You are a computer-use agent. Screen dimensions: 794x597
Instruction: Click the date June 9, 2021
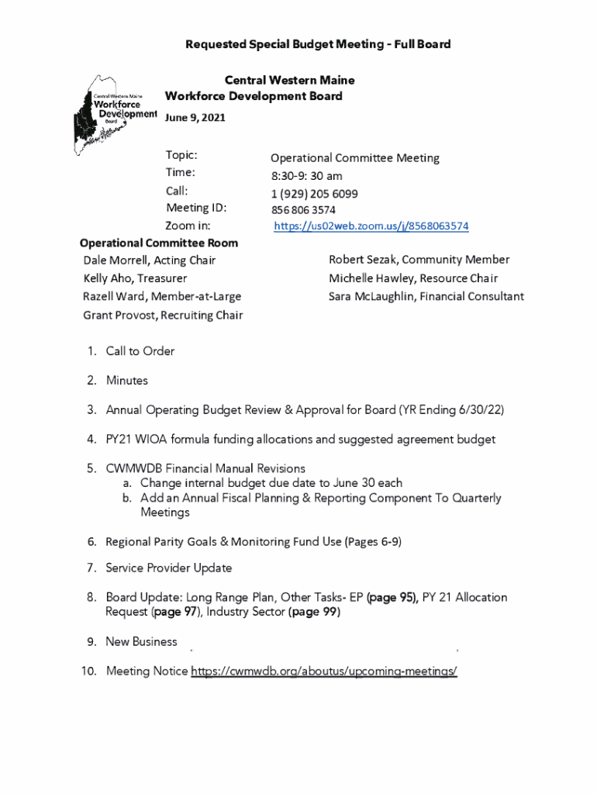[x=195, y=117]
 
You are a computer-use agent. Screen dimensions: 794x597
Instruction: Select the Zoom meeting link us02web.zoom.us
[x=371, y=226]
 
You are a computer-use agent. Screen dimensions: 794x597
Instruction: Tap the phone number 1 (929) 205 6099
[x=314, y=193]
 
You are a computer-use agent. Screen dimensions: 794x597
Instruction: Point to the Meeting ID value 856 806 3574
[x=303, y=210]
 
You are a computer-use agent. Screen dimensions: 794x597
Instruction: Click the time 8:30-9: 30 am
[x=306, y=176]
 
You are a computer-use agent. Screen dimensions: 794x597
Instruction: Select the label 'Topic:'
[x=181, y=156]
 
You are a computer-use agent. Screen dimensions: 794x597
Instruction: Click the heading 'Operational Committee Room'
[x=159, y=243]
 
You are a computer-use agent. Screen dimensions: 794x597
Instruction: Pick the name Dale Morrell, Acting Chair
[x=150, y=261]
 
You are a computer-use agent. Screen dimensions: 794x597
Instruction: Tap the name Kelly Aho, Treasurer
[x=135, y=278]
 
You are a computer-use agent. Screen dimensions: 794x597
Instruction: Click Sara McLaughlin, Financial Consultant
[x=426, y=296]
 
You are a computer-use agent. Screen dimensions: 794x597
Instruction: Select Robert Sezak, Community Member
[x=419, y=260]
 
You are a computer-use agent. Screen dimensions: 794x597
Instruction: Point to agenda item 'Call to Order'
[x=140, y=351]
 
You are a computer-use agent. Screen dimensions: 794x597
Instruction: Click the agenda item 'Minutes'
[x=126, y=381]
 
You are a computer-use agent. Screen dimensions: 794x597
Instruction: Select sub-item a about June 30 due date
[x=271, y=483]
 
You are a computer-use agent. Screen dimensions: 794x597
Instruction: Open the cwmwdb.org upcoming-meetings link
[x=324, y=671]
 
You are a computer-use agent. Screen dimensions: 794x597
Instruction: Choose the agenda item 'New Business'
[x=141, y=642]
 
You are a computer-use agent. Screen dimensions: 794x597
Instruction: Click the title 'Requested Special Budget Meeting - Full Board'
[x=318, y=44]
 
